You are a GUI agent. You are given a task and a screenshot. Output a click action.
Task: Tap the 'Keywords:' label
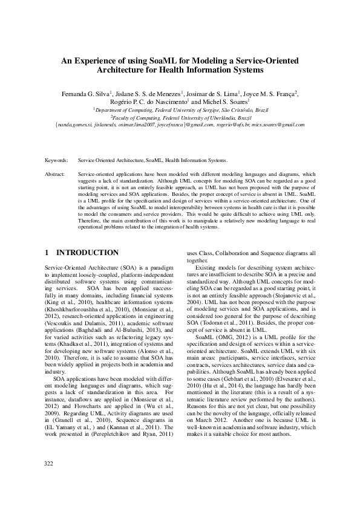click(x=57, y=160)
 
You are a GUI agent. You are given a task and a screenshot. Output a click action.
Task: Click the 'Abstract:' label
click(x=56, y=173)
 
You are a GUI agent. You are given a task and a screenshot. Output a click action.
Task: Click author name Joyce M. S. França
click(x=270, y=94)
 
